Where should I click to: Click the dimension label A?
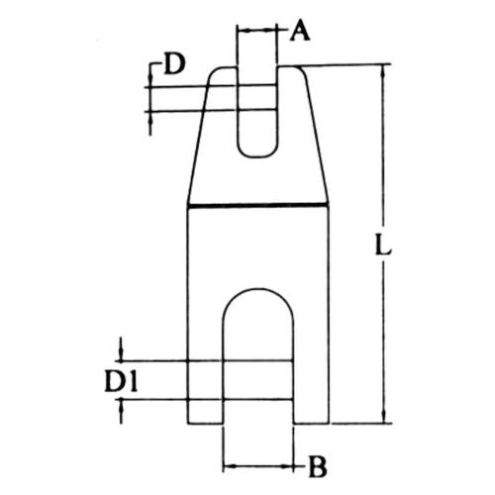300,31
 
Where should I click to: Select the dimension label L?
383,245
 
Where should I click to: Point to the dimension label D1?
121,381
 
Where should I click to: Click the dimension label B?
318,467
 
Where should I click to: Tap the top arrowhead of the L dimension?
383,70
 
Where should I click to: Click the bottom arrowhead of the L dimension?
383,417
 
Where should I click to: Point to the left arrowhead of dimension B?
230,466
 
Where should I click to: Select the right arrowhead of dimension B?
286,466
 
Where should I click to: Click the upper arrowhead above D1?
121,354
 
